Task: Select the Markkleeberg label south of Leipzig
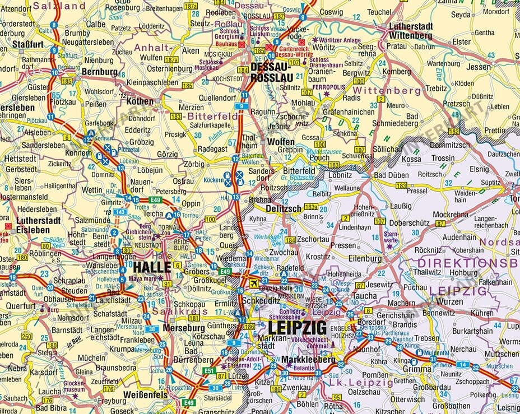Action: point(308,360)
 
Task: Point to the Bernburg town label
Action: point(100,72)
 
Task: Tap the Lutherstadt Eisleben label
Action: point(38,225)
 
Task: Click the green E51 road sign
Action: point(209,370)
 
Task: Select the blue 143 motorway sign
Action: point(119,212)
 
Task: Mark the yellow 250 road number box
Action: point(26,336)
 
